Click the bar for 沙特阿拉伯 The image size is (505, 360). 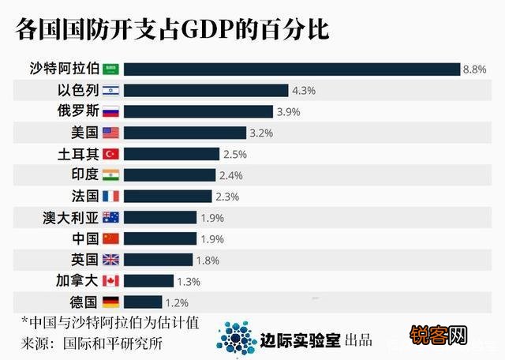291,69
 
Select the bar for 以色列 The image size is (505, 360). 206,90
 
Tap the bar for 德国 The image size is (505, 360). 143,302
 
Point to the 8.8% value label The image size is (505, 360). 474,69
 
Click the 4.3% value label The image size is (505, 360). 303,90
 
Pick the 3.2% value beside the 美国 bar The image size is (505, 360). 261,133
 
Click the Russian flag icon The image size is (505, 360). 110,111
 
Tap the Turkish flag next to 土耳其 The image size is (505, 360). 110,154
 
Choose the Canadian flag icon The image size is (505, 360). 110,280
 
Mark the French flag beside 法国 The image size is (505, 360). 110,196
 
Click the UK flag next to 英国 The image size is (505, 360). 110,259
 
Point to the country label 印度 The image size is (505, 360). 84,174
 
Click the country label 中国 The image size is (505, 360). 84,238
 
